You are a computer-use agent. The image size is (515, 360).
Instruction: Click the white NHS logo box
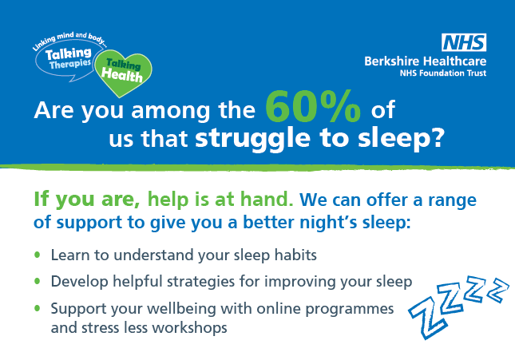(464, 42)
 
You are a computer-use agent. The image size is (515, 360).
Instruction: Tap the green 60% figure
(313, 106)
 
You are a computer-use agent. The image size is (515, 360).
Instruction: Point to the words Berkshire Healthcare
(425, 61)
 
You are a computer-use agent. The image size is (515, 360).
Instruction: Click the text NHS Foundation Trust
(443, 73)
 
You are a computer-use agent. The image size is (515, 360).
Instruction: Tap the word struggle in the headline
(252, 139)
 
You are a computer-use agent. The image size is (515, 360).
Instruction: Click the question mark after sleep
(437, 137)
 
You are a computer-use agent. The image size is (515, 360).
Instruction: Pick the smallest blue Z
(498, 289)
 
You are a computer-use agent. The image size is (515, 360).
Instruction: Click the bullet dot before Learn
(37, 255)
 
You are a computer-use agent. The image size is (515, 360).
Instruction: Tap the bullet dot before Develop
(37, 281)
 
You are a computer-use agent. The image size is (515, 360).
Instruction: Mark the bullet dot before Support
(37, 308)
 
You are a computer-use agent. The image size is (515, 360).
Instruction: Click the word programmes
(350, 310)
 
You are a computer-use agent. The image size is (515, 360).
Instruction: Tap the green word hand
(267, 199)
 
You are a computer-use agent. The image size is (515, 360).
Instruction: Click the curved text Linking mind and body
(69, 40)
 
